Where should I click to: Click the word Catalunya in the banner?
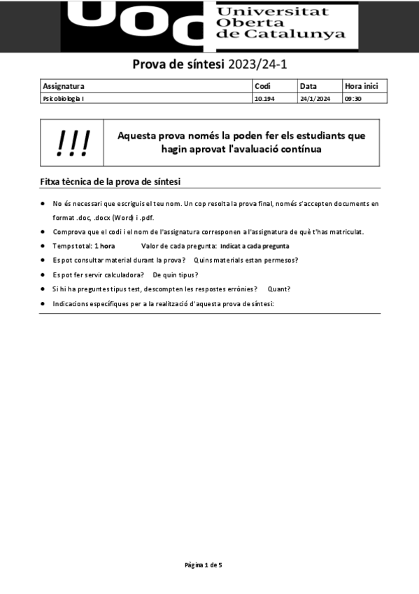pyautogui.click(x=308, y=34)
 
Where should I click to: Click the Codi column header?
pyautogui.click(x=262, y=86)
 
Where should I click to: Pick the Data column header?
pyautogui.click(x=308, y=86)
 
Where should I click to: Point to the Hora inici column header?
pyautogui.click(x=361, y=86)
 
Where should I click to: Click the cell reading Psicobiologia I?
pyautogui.click(x=64, y=99)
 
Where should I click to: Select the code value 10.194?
pyautogui.click(x=264, y=99)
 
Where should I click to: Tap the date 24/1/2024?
pyautogui.click(x=314, y=99)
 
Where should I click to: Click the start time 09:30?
pyautogui.click(x=353, y=99)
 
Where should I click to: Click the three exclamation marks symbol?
pyautogui.click(x=73, y=143)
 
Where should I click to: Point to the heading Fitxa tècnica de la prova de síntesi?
pyautogui.click(x=111, y=182)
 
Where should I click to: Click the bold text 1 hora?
pyautogui.click(x=105, y=247)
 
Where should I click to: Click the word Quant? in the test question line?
pyautogui.click(x=279, y=289)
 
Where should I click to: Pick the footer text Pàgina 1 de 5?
pyautogui.click(x=204, y=564)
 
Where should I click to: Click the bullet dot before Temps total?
pyautogui.click(x=43, y=247)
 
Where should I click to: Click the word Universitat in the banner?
pyautogui.click(x=274, y=11)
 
